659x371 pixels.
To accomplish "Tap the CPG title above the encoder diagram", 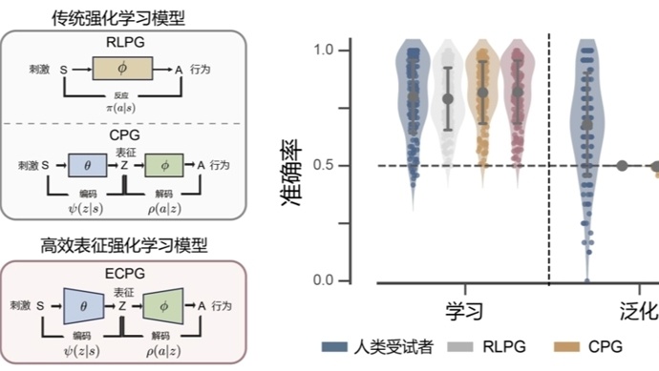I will click(126, 139).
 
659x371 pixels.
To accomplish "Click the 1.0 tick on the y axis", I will click(328, 50).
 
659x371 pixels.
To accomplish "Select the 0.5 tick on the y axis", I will click(328, 166).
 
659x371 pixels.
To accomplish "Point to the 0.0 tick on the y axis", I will click(328, 280).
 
